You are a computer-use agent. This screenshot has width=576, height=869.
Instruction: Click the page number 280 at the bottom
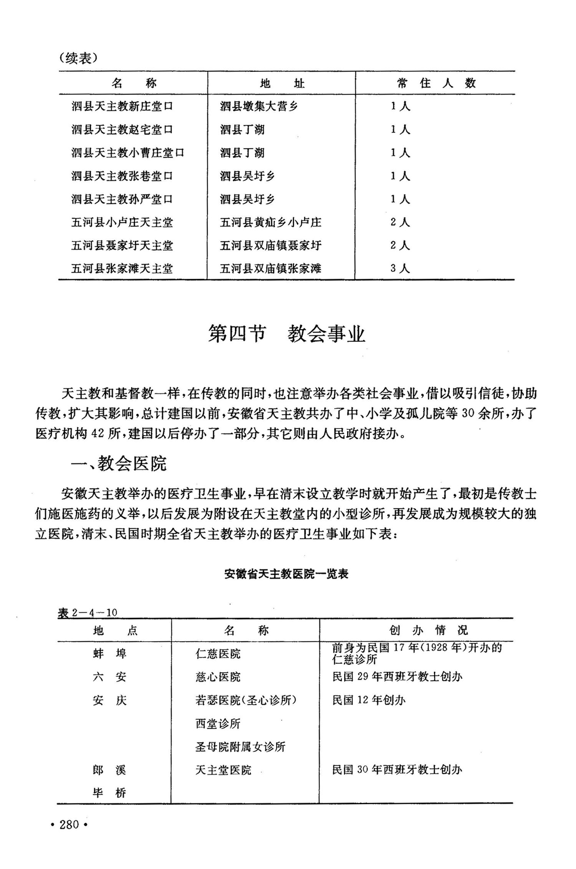click(x=69, y=824)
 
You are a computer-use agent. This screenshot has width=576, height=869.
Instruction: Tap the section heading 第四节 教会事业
click(x=286, y=334)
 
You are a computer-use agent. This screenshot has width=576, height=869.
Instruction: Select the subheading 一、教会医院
click(x=119, y=464)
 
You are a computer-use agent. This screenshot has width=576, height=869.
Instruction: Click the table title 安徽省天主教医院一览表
click(x=286, y=574)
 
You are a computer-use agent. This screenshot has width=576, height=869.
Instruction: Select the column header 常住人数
click(x=436, y=83)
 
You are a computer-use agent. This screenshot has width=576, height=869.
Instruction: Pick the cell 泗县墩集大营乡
click(x=259, y=106)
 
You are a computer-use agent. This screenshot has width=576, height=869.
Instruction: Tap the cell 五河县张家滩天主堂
click(x=122, y=268)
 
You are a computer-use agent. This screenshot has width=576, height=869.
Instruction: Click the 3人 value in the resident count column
click(x=400, y=268)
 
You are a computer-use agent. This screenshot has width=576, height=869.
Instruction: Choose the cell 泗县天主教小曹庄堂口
click(x=128, y=153)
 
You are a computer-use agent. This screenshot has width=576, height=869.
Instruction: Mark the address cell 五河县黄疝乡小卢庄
click(x=270, y=222)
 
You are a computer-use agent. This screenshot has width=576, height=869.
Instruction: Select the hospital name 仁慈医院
click(x=218, y=654)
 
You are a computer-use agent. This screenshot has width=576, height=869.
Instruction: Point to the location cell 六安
click(x=109, y=677)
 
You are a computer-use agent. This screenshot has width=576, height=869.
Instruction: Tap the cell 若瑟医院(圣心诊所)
click(x=246, y=700)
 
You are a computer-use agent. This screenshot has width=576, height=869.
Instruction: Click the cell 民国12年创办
click(x=369, y=700)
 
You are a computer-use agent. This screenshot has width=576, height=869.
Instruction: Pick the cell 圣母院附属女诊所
click(x=240, y=747)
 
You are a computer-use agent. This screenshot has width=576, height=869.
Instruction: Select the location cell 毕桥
click(x=109, y=793)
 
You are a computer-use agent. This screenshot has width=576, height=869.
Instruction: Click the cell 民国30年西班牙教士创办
click(x=397, y=770)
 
